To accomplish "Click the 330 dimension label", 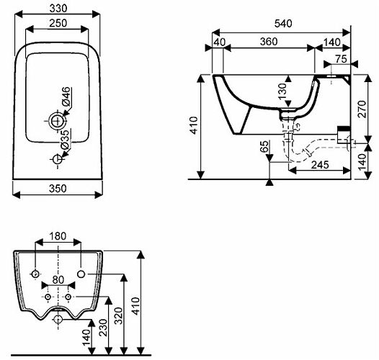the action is pos(58,9).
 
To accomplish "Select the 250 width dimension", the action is pos(58,23).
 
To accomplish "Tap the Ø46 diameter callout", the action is pos(66,96).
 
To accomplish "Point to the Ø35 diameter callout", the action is pos(65,140).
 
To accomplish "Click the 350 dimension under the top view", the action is pos(58,189).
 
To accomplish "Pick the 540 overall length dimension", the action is pos(283,24).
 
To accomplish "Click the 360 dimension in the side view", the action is pos(269,42).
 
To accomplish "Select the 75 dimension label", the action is pos(341,59).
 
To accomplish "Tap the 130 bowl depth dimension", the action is pos(282,91).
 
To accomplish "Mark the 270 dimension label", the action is pos(362,109).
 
